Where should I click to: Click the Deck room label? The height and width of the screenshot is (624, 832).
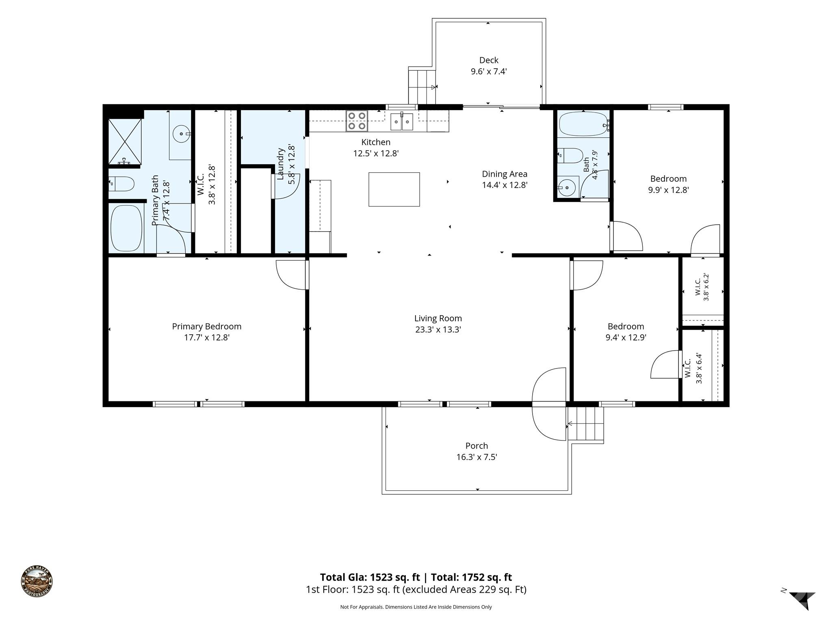tap(489, 61)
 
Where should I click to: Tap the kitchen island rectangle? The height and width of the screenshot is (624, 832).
tap(394, 189)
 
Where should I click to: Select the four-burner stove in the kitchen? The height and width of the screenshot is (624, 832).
tap(357, 121)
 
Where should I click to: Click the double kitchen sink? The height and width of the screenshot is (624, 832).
tap(402, 121)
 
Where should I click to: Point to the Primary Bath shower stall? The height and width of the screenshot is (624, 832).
tap(125, 142)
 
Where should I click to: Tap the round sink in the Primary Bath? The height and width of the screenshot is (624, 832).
tap(181, 134)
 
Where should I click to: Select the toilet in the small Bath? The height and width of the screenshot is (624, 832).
tap(570, 156)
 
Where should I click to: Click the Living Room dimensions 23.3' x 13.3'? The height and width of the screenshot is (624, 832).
tap(438, 329)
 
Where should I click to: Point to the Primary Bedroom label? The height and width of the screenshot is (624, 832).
tap(207, 326)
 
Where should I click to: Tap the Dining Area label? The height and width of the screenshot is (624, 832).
tap(505, 174)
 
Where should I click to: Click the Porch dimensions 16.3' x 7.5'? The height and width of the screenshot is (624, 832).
tap(477, 457)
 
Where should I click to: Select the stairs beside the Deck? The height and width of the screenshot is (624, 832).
tap(422, 86)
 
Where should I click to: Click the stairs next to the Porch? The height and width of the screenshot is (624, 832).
tap(585, 425)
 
